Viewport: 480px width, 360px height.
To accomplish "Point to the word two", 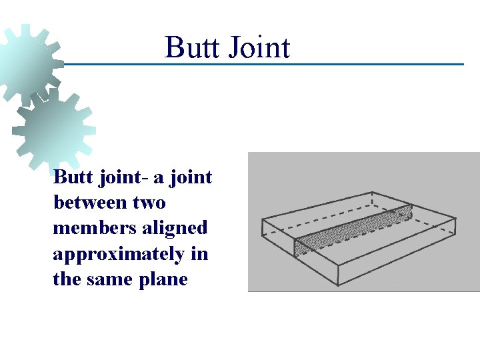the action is (149, 202).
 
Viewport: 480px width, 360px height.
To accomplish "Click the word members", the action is (92, 227).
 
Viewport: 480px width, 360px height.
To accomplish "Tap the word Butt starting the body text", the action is (69, 178).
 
